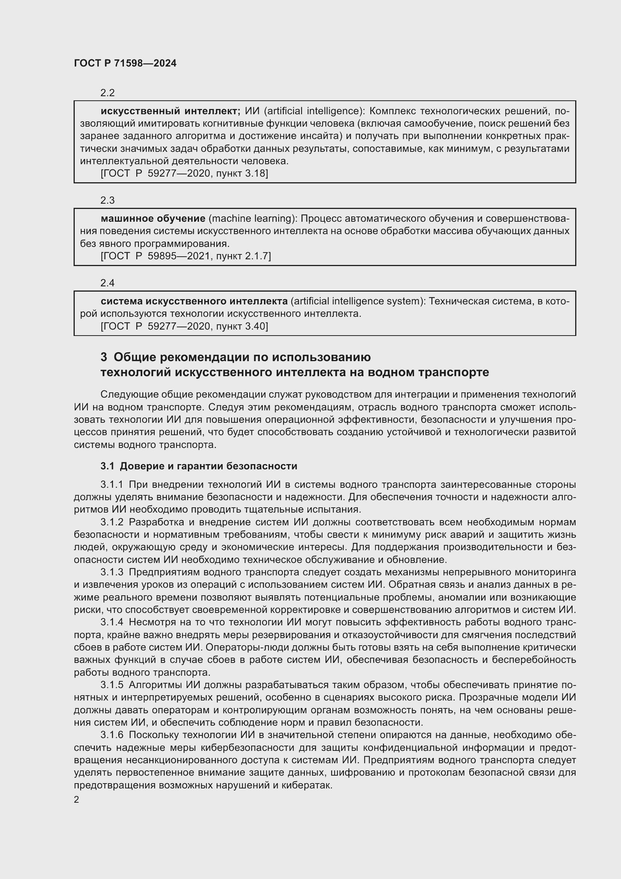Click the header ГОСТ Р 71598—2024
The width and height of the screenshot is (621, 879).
[x=125, y=64]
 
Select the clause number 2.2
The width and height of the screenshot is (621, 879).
[x=107, y=93]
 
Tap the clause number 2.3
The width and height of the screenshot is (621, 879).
[x=107, y=200]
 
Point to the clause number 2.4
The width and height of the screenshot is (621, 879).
[x=107, y=283]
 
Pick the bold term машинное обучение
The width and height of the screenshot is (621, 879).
[x=153, y=219]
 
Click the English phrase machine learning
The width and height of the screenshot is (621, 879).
[x=252, y=219]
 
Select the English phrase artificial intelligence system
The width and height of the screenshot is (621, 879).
[x=358, y=301]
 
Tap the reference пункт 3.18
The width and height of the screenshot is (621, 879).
[x=242, y=173]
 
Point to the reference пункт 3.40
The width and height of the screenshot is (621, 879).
[x=242, y=327]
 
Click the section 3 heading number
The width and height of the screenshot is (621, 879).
[x=104, y=357]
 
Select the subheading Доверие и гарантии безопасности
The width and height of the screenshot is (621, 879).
[x=208, y=466]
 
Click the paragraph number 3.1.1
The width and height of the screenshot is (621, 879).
[x=112, y=485]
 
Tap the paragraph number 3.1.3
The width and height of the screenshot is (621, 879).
[x=112, y=572]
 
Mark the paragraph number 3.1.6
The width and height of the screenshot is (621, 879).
[x=112, y=735]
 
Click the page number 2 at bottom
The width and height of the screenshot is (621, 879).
[x=77, y=800]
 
